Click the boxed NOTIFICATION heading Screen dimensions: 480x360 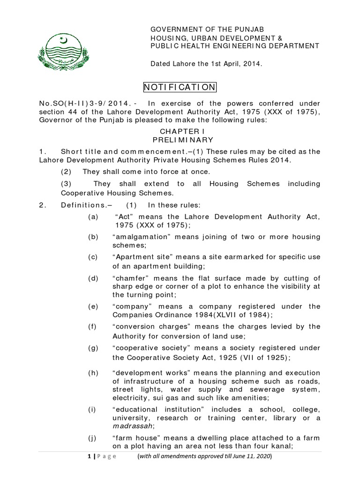[x=180, y=87]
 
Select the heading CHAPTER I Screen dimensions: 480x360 [x=180, y=132]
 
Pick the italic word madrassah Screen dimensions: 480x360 [x=133, y=426]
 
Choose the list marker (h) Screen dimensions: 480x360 [x=93, y=373]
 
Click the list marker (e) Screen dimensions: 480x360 [x=93, y=306]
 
